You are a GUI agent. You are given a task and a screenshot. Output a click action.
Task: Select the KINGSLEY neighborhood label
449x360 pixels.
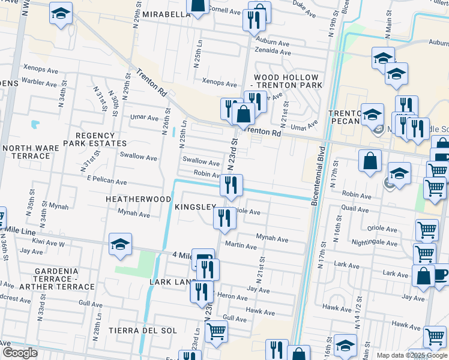194,207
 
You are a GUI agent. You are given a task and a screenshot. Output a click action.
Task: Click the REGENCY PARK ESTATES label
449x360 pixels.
98,139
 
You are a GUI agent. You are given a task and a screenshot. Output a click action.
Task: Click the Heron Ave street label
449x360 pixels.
234,297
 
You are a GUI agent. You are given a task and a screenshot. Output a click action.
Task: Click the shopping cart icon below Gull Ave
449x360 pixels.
216,331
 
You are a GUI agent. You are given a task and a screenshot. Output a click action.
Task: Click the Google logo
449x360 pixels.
20,353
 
